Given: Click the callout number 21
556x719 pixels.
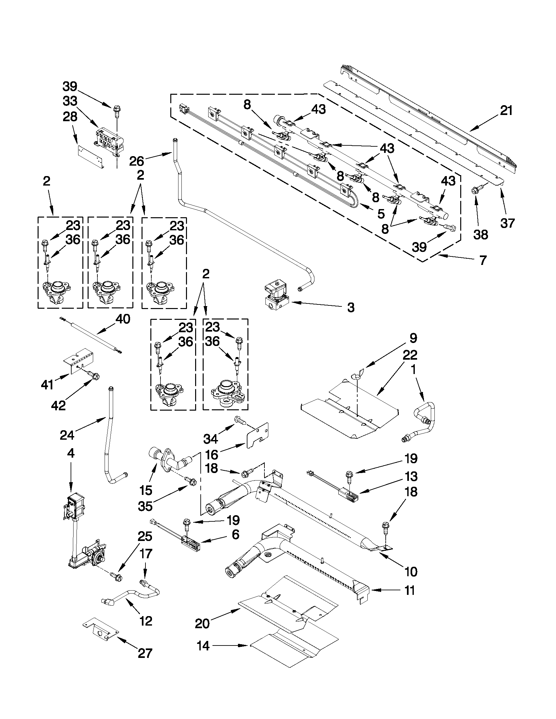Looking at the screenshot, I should (506, 111).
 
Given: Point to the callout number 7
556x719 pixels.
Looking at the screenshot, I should (482, 260).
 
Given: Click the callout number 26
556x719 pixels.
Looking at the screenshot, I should (136, 161).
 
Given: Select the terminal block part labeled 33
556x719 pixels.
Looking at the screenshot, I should (110, 142).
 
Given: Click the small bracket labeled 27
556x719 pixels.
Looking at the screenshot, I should (100, 631).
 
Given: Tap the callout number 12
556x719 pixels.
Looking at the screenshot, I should (145, 621).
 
